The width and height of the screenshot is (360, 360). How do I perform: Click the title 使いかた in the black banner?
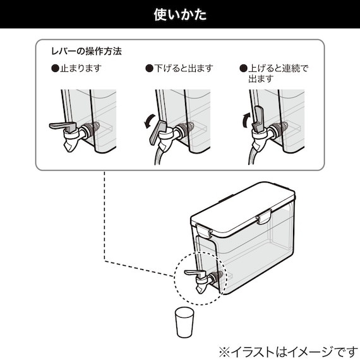(x=180, y=14)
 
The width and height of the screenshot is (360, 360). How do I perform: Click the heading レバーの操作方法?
(x=86, y=50)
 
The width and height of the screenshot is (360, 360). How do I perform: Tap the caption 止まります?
(x=81, y=67)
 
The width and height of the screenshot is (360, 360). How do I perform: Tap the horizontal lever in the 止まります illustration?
(x=62, y=125)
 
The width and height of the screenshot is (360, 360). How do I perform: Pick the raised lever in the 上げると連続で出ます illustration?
(x=258, y=117)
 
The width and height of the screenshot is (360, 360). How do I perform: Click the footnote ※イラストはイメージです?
(x=287, y=349)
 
